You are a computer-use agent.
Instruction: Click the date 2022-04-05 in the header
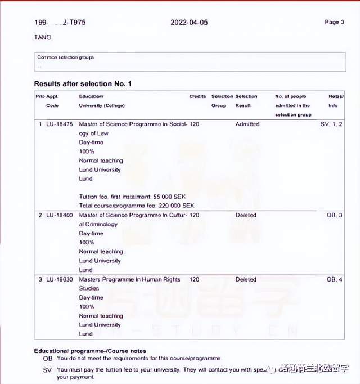(x=188, y=23)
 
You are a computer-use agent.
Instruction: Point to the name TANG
(x=42, y=38)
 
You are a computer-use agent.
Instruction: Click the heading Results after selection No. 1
(x=83, y=84)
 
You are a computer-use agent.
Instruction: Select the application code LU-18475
(x=59, y=124)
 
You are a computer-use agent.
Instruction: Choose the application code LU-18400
(x=59, y=215)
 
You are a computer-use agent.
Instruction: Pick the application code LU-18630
(x=59, y=279)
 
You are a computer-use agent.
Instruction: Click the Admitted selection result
(x=247, y=124)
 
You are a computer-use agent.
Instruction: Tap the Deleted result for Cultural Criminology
(x=246, y=215)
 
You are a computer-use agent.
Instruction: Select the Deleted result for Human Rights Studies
(x=246, y=279)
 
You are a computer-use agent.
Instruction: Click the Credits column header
(x=197, y=97)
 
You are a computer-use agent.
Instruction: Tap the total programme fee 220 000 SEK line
(x=136, y=206)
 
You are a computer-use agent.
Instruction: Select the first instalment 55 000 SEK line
(x=137, y=197)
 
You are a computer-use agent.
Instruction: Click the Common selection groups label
(x=65, y=57)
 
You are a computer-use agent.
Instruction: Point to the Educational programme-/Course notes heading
(x=91, y=351)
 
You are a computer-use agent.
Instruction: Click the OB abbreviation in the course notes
(x=47, y=359)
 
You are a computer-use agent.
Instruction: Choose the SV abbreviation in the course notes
(x=47, y=369)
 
